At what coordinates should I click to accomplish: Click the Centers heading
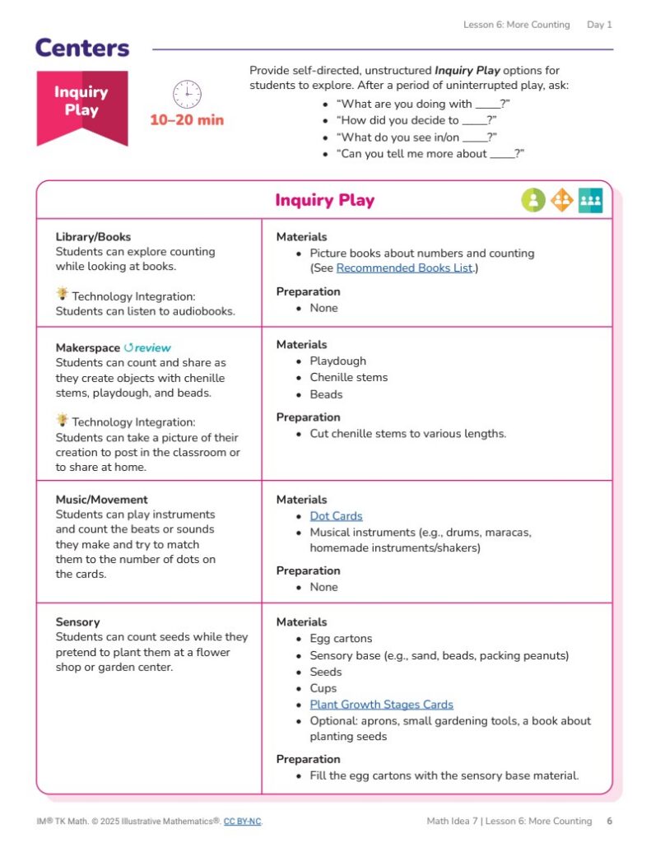tap(82, 48)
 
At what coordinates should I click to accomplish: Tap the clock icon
tap(187, 94)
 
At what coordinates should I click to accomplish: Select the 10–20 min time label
tap(187, 120)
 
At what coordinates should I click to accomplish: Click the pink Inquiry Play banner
tap(81, 103)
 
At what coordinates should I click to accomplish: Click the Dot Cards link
tap(336, 516)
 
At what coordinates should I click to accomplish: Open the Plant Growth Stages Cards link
tap(381, 705)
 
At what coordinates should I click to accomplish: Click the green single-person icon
tap(533, 200)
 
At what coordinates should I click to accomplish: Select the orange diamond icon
tap(562, 200)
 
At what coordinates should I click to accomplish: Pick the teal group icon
tap(590, 200)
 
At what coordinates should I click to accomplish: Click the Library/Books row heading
tap(93, 237)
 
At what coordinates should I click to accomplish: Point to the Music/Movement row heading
tap(102, 500)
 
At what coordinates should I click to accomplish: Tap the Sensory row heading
tap(77, 622)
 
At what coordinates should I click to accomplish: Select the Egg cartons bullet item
tap(341, 639)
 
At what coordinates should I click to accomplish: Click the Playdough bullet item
tap(337, 361)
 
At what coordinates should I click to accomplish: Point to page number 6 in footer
tap(609, 822)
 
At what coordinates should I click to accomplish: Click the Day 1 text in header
tap(599, 25)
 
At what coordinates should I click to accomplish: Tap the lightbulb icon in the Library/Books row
tap(63, 295)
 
